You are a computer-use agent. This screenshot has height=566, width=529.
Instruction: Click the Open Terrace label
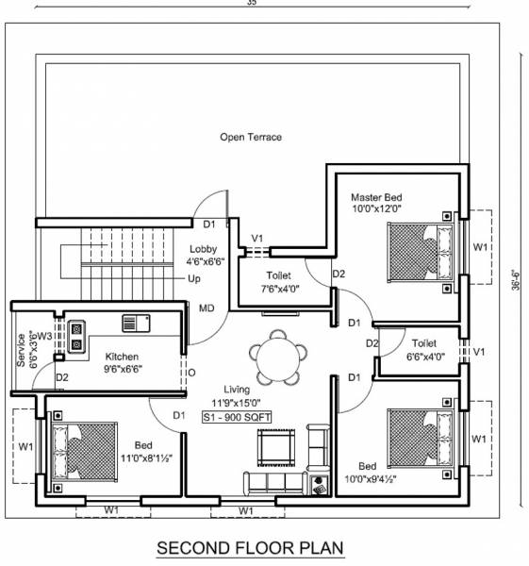251,137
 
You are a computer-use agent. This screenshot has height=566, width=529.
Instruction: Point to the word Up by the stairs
193,278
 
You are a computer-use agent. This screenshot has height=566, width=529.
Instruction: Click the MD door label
205,308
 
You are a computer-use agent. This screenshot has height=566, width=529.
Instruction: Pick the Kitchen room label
122,357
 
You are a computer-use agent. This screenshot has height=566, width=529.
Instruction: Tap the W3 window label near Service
44,335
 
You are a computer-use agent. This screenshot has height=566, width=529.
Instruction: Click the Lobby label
203,249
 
